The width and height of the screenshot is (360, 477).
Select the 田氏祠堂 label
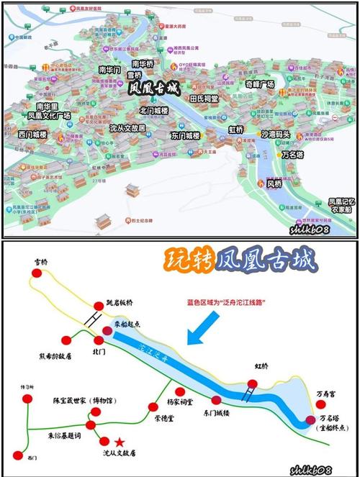tap(204, 97)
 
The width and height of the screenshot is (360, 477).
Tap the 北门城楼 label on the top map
tap(154, 111)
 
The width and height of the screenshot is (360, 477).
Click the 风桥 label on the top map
tap(274, 184)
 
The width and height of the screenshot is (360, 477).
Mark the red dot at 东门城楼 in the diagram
tap(215, 400)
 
